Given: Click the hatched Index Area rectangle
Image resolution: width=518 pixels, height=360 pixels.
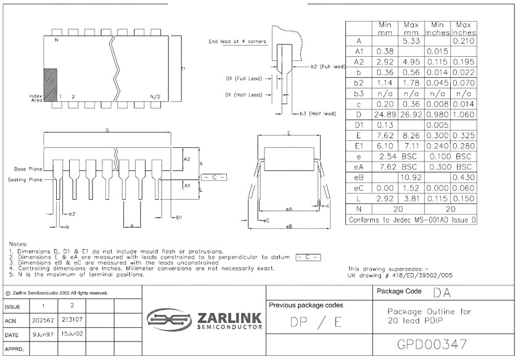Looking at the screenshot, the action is click(x=51, y=85).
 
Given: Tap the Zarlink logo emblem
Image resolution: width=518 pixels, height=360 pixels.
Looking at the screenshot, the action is click(x=169, y=319).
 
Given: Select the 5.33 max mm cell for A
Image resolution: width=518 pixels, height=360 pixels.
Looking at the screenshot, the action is click(x=411, y=41).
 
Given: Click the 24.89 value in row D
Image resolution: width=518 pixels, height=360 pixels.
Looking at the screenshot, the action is click(x=385, y=115).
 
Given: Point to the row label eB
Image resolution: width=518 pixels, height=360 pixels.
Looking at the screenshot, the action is click(x=358, y=178).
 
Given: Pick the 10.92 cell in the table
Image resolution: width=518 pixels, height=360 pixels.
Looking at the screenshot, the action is click(x=411, y=178).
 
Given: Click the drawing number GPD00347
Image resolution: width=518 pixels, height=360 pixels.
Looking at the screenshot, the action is click(x=432, y=344).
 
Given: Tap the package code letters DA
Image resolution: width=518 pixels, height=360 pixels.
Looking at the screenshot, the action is click(x=442, y=292).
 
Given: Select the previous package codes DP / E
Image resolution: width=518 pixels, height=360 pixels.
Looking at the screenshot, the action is click(x=316, y=322).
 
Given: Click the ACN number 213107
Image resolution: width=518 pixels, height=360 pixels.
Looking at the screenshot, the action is click(x=72, y=319).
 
